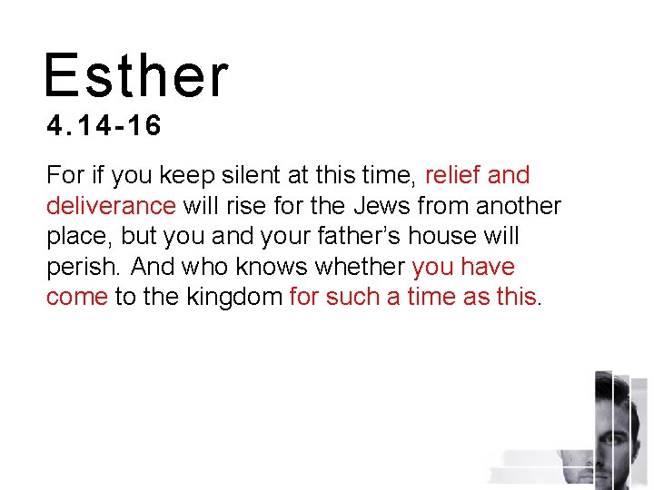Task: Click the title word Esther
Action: click(x=136, y=75)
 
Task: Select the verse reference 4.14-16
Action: click(x=104, y=125)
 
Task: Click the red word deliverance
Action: click(x=111, y=206)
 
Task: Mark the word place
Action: click(x=78, y=237)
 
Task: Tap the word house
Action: click(x=443, y=237)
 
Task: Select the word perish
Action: click(x=82, y=268)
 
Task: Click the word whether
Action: click(x=356, y=268)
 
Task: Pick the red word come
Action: click(x=76, y=299)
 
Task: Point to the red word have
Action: click(x=487, y=268)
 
